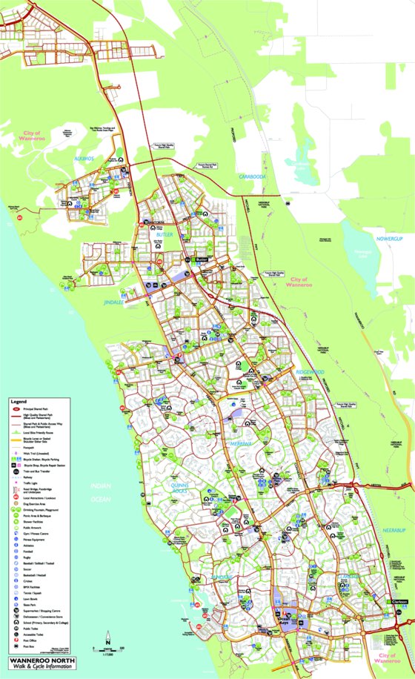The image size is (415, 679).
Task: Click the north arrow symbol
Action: point(108,635)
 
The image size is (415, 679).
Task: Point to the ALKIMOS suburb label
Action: point(84,159)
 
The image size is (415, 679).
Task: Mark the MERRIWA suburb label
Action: point(242,443)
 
